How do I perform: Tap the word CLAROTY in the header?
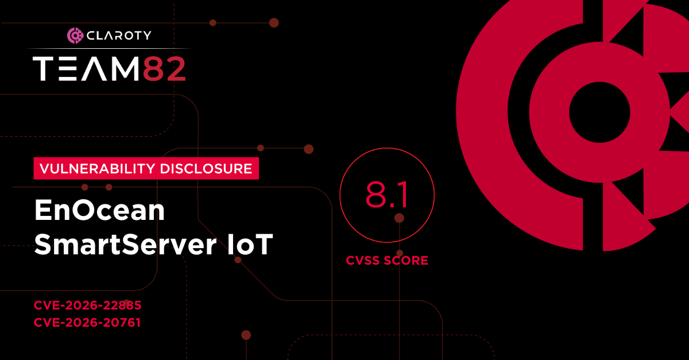119,36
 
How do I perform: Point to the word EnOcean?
100,211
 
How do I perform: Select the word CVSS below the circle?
365,261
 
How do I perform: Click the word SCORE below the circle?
408,261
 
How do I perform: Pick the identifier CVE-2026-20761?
87,323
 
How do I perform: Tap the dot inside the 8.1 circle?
399,218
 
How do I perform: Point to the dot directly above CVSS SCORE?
400,253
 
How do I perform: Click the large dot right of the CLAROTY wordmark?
274,23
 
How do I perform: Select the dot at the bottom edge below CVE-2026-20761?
246,335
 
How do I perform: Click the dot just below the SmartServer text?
238,260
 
